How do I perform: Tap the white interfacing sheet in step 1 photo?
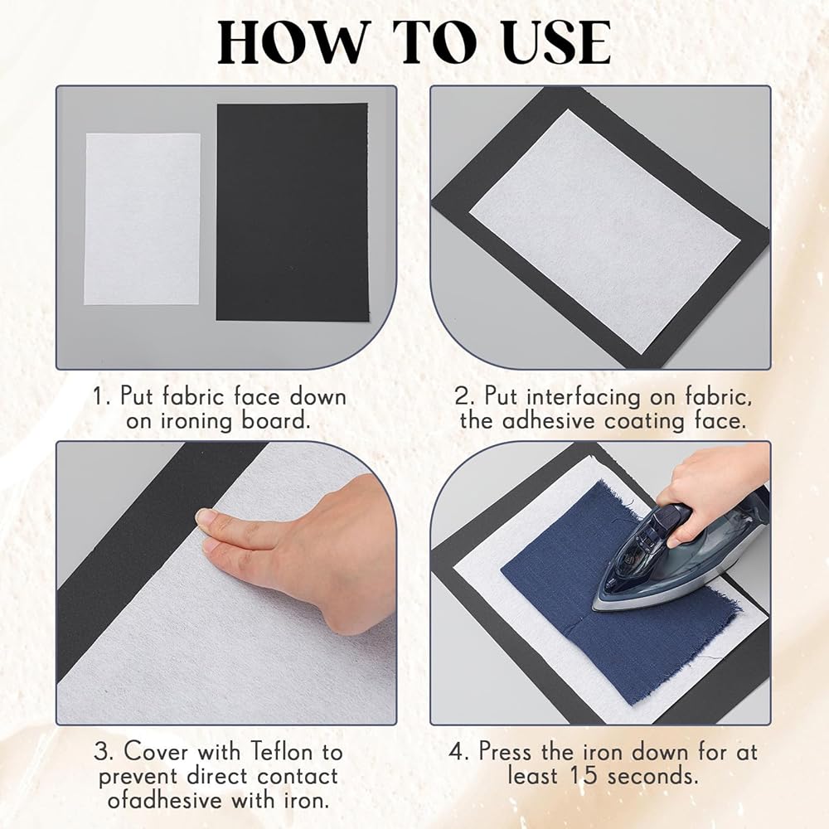click(143, 219)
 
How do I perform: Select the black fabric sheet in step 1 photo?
click(293, 211)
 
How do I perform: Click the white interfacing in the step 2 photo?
click(604, 231)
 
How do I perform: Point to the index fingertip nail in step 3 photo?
click(205, 516)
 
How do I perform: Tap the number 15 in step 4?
click(583, 776)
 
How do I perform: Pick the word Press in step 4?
click(507, 752)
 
